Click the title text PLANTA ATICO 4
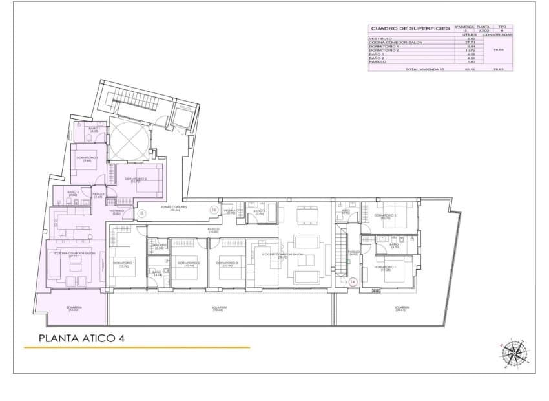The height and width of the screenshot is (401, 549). (81, 338)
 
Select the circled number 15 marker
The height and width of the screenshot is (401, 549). (141, 212)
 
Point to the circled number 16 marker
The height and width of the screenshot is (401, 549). (214, 210)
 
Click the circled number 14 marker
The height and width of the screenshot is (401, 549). (353, 281)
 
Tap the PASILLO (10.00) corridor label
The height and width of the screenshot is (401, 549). (214, 230)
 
